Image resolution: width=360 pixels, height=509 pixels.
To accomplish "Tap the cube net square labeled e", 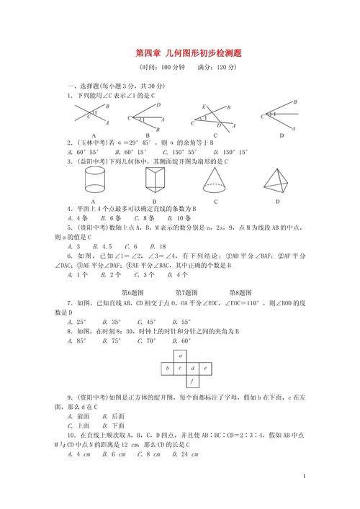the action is pos(204,368).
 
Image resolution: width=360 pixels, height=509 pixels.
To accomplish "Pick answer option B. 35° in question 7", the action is pos(112,322).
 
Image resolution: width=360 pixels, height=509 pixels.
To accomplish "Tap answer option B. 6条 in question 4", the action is pos(112,217).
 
